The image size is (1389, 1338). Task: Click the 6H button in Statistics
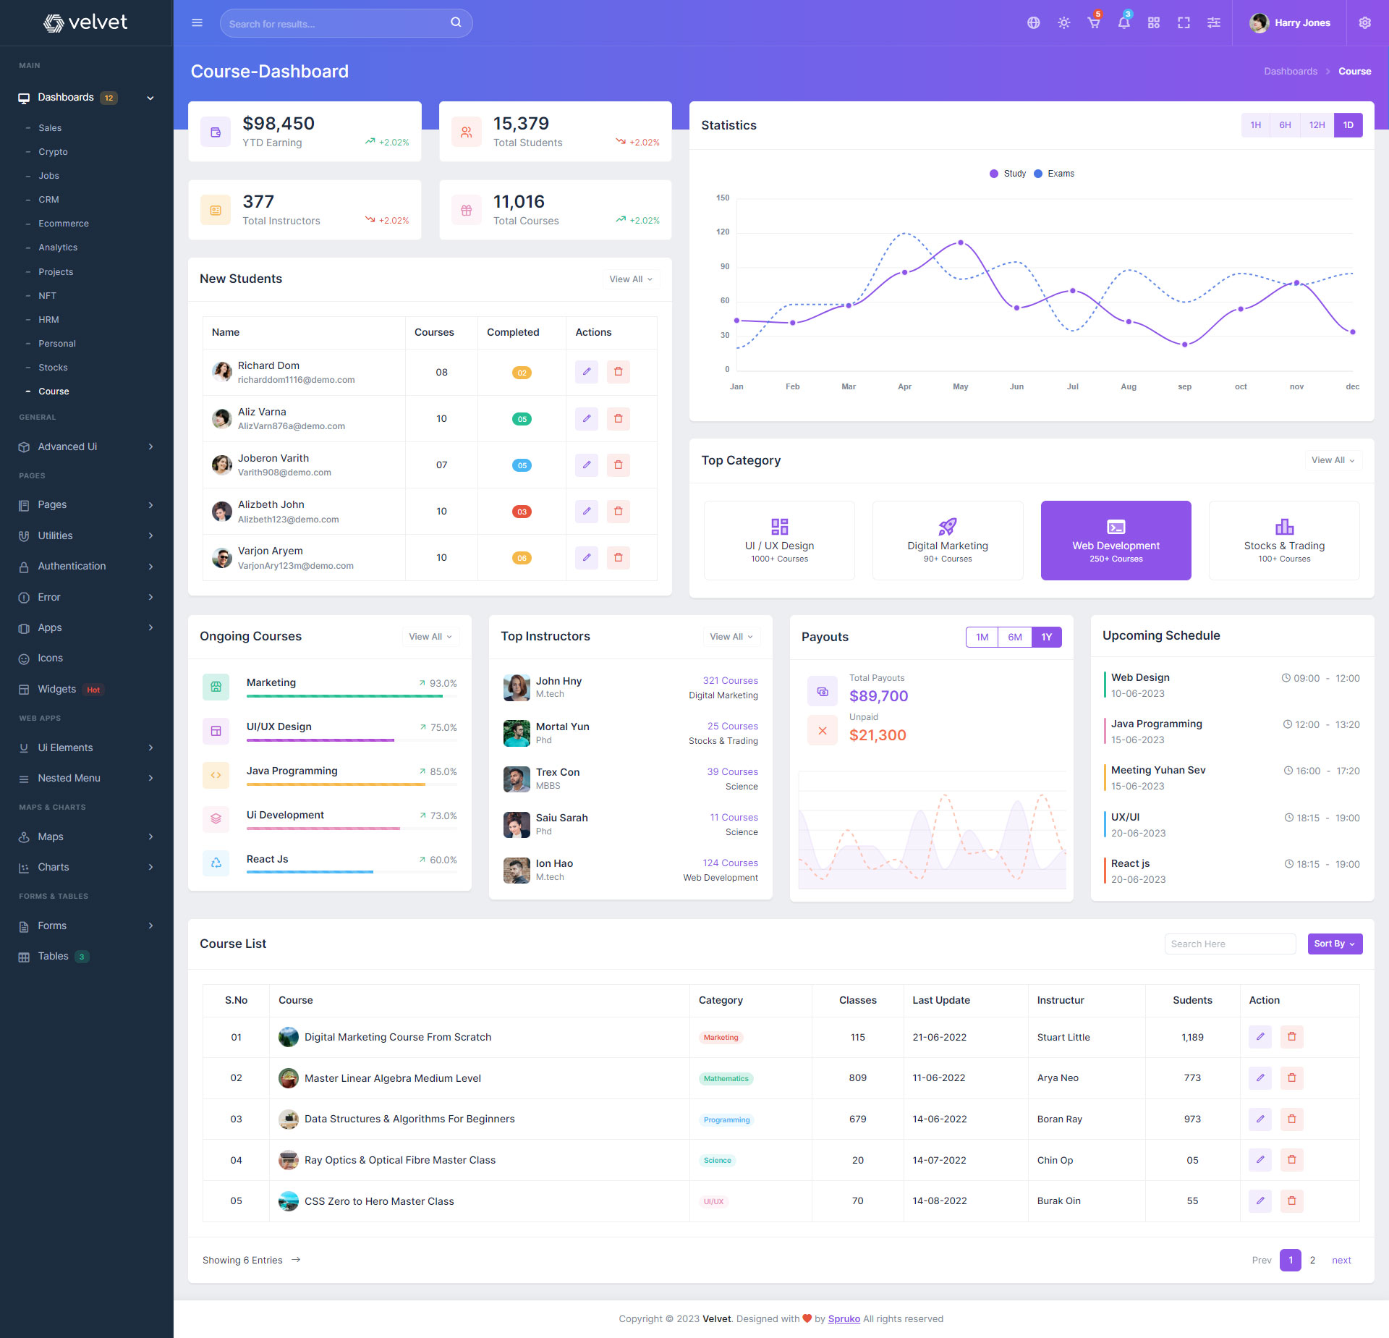pos(1285,125)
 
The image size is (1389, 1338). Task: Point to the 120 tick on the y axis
pos(723,232)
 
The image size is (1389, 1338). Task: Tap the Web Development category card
pos(1116,541)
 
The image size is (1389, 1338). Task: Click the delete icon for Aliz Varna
pos(618,418)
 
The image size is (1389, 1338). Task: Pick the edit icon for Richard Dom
pos(587,372)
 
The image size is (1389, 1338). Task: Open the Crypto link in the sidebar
pos(53,152)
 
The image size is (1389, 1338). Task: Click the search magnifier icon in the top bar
pos(456,22)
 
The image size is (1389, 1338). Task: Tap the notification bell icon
pos(1123,23)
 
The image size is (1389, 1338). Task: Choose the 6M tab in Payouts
pos(1014,637)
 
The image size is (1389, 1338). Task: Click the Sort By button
pos(1334,944)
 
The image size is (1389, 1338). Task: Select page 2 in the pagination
pos(1312,1260)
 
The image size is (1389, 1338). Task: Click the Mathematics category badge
pos(726,1078)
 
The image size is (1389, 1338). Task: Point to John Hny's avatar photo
pos(517,687)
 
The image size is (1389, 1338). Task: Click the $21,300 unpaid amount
pos(878,735)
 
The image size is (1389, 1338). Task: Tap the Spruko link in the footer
pos(844,1318)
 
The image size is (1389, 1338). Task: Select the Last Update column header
pos(940,1000)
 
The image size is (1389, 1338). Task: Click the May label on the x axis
pos(960,386)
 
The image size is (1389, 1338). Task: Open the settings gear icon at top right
pos(1364,23)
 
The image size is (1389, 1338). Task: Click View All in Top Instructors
pos(731,637)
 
